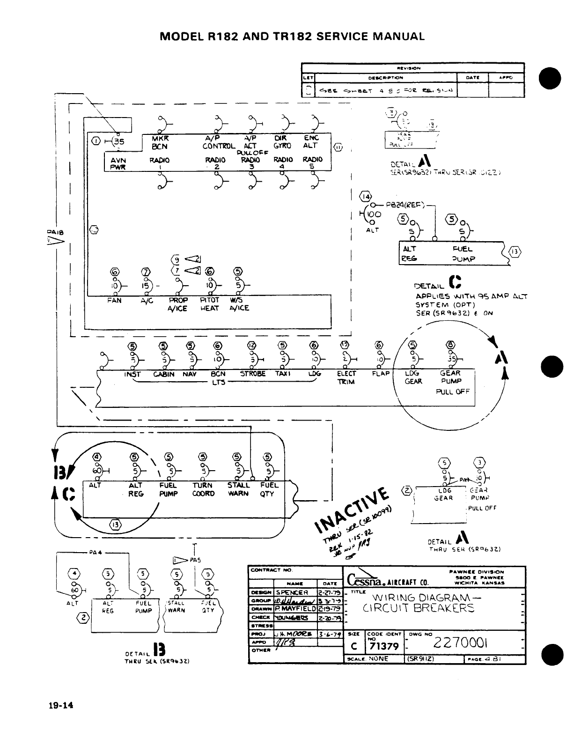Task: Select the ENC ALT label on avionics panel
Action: (x=311, y=142)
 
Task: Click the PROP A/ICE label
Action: (x=178, y=304)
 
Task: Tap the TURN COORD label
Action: (x=203, y=489)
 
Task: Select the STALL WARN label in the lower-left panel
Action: (x=238, y=489)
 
